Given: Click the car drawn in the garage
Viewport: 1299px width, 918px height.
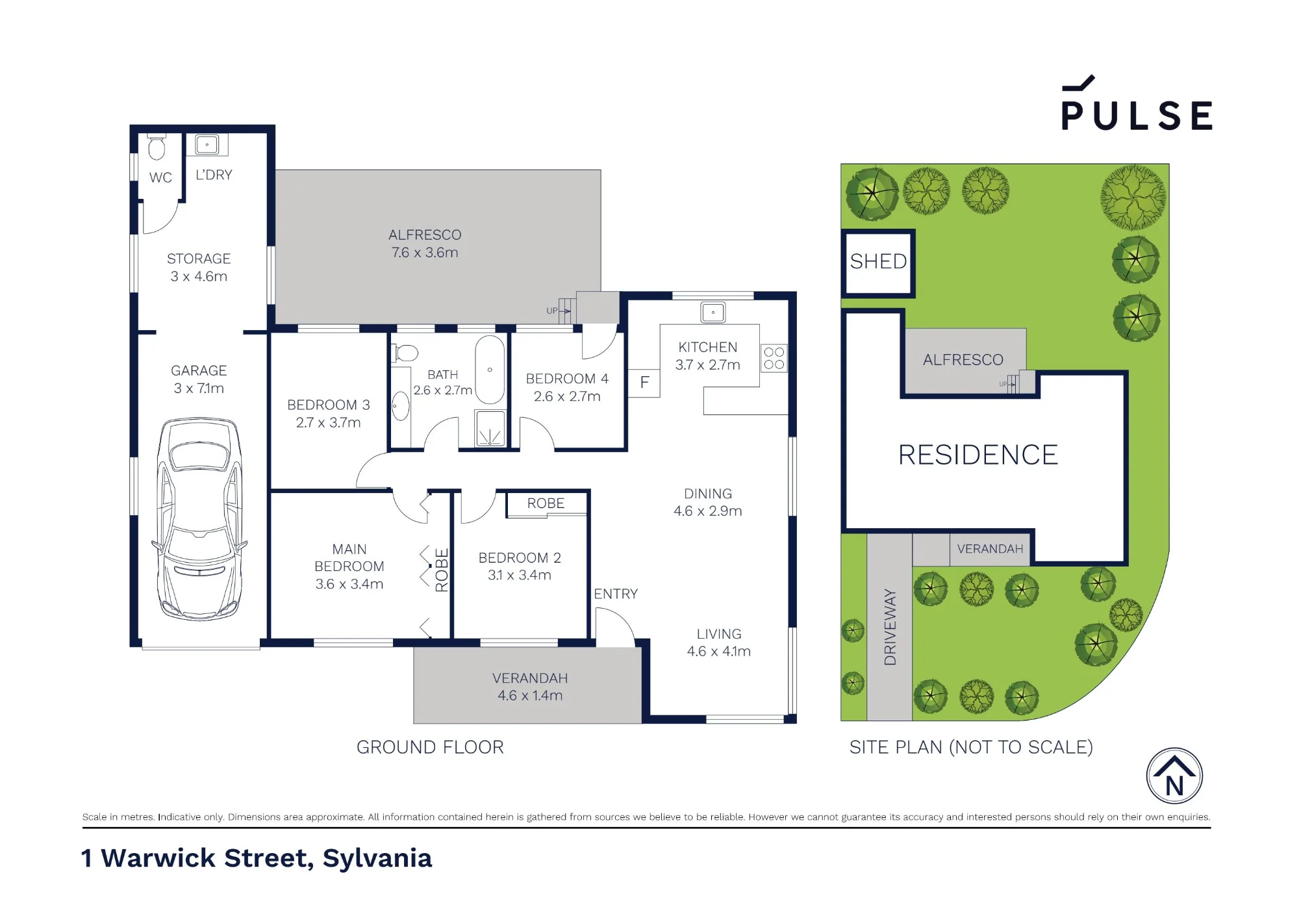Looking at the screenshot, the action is tap(199, 519).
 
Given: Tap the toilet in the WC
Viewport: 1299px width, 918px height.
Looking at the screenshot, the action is tap(157, 147).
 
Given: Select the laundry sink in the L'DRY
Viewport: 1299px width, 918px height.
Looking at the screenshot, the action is tap(207, 145).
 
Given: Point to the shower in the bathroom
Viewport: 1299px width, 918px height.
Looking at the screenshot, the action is tap(490, 428).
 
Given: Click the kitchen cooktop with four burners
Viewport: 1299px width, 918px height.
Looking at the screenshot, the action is tap(774, 358).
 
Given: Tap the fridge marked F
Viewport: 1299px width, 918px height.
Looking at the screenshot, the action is tap(644, 382).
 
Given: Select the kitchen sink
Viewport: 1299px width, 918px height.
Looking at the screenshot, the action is tap(713, 312).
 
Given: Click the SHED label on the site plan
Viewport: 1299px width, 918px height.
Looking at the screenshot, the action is tap(878, 261).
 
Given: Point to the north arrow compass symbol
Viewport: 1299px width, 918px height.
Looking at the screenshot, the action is tap(1174, 776).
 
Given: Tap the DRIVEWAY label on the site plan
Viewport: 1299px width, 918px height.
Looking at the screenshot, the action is tap(890, 627).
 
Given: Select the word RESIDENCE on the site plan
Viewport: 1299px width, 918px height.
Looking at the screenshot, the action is tap(978, 455).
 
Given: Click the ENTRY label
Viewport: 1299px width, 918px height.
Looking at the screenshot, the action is tap(616, 594).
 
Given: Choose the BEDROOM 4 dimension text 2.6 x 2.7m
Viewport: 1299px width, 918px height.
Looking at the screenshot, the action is tap(567, 396).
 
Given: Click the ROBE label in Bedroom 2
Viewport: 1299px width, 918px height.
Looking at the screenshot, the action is tap(546, 504).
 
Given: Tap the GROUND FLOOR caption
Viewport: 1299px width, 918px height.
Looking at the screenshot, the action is tap(430, 747).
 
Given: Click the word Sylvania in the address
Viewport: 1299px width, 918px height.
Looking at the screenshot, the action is tap(377, 859).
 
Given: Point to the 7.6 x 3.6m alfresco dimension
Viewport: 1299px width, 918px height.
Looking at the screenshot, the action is tap(425, 253).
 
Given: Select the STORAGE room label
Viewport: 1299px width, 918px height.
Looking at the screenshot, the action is tap(199, 259).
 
